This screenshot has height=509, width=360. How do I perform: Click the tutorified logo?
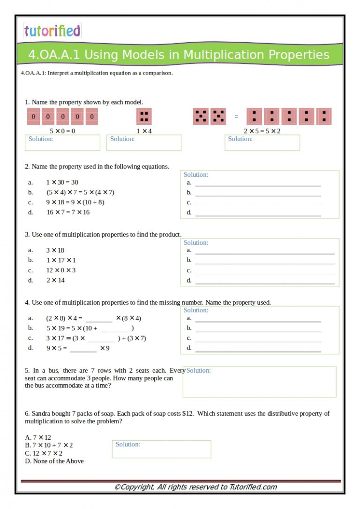(52, 31)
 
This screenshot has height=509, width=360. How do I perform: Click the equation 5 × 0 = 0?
(62, 131)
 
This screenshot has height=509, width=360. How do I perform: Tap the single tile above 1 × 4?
(144, 116)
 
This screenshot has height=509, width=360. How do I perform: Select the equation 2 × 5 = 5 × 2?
(262, 131)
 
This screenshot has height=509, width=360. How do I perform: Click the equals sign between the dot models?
(236, 117)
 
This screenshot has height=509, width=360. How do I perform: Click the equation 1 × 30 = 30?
(62, 182)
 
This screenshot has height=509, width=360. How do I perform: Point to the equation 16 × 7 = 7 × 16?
(67, 212)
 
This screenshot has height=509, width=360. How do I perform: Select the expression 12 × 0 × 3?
(60, 270)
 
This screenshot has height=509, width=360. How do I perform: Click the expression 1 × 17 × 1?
(60, 260)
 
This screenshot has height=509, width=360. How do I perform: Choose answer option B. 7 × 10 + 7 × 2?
(49, 445)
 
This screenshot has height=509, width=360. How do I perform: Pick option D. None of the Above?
(54, 461)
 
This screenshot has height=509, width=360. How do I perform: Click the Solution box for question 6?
(162, 449)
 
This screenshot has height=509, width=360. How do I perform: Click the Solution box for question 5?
(259, 382)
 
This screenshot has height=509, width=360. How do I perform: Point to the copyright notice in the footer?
(195, 487)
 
